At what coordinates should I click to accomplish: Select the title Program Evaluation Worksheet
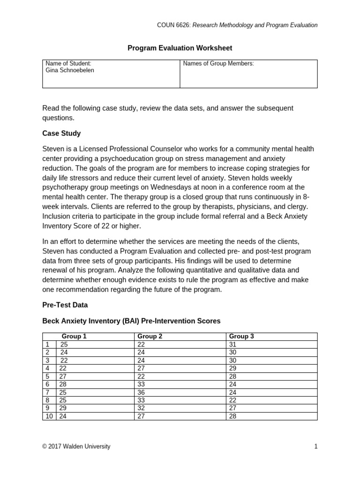180,48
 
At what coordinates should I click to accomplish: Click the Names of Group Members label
218,64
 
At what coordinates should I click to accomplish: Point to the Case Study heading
61,133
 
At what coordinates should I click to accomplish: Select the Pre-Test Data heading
65,305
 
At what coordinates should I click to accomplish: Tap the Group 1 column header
74,337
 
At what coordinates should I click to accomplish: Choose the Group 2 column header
150,337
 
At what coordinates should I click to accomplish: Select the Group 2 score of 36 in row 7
141,392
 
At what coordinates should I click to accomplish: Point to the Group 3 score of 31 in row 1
232,344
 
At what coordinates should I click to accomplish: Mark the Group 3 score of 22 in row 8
233,400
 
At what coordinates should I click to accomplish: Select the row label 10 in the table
49,416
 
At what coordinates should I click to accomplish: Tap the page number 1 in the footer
315,447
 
